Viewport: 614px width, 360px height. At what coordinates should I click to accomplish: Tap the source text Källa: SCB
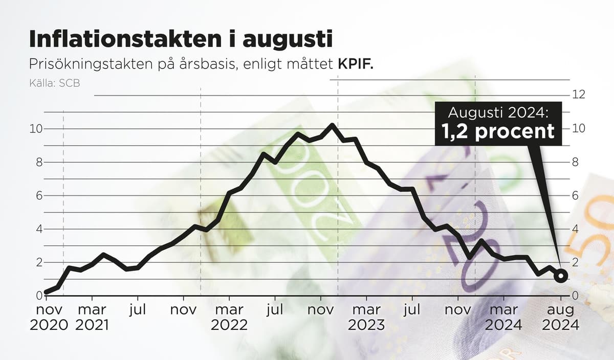pyautogui.click(x=55, y=82)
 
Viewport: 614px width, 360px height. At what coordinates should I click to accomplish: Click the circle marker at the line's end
pyautogui.click(x=561, y=276)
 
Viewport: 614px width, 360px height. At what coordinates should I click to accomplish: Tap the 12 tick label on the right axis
pyautogui.click(x=578, y=95)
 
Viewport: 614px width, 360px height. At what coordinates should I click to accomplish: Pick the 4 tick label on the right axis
pyautogui.click(x=575, y=229)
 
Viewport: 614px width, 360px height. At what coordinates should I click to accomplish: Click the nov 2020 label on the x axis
pyautogui.click(x=49, y=317)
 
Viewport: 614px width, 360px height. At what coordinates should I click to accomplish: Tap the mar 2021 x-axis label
pyautogui.click(x=92, y=317)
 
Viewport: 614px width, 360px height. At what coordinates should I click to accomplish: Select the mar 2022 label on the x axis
pyautogui.click(x=229, y=317)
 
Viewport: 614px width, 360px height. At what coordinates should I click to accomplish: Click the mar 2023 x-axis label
pyautogui.click(x=366, y=317)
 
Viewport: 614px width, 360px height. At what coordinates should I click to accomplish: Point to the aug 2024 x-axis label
pyautogui.click(x=561, y=317)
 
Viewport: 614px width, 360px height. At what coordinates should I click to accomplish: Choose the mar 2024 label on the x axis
pyautogui.click(x=503, y=317)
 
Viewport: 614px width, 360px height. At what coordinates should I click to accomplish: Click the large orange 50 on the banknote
pyautogui.click(x=594, y=225)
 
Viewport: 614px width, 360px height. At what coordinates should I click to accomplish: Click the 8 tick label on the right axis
pyautogui.click(x=575, y=162)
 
